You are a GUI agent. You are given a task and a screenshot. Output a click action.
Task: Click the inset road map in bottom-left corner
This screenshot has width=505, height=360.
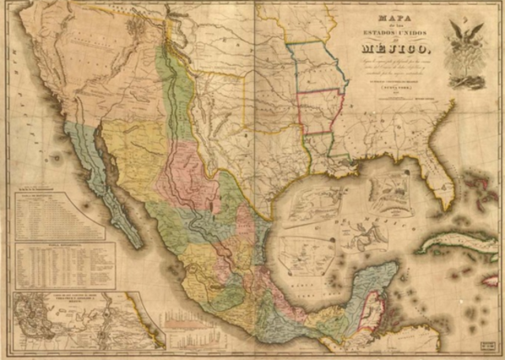79,320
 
